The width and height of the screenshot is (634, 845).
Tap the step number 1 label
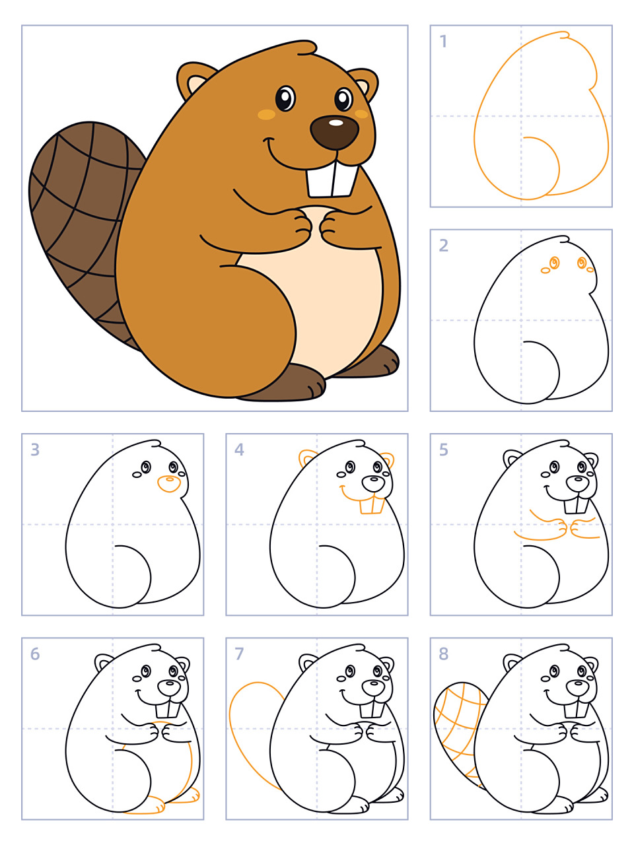(x=443, y=41)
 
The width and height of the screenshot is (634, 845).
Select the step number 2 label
(x=443, y=245)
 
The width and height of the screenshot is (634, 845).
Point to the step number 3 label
(x=35, y=450)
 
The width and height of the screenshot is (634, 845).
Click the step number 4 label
(x=239, y=450)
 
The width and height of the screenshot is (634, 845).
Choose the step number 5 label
(x=443, y=450)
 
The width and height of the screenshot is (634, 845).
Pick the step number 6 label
(x=35, y=654)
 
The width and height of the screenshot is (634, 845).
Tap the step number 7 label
(x=239, y=654)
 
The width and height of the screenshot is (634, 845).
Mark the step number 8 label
(x=443, y=654)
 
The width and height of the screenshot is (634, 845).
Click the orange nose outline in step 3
(x=169, y=484)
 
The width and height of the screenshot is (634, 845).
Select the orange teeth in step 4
(x=372, y=506)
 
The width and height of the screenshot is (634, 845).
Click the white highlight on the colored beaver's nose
(x=336, y=123)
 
